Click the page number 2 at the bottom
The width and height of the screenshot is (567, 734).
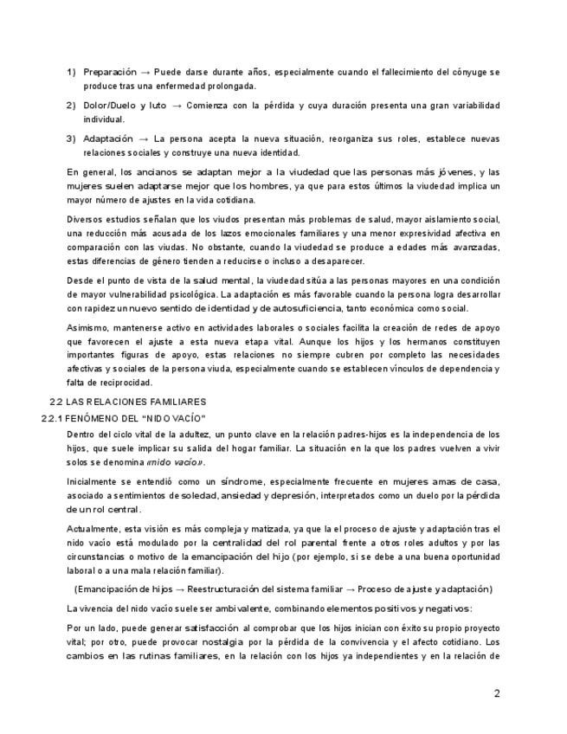pyautogui.click(x=497, y=692)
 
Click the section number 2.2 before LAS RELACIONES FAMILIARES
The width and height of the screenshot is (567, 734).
pyautogui.click(x=56, y=402)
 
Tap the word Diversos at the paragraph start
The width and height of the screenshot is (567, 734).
pyautogui.click(x=87, y=219)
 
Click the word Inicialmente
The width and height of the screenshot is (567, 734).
pyautogui.click(x=95, y=480)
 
